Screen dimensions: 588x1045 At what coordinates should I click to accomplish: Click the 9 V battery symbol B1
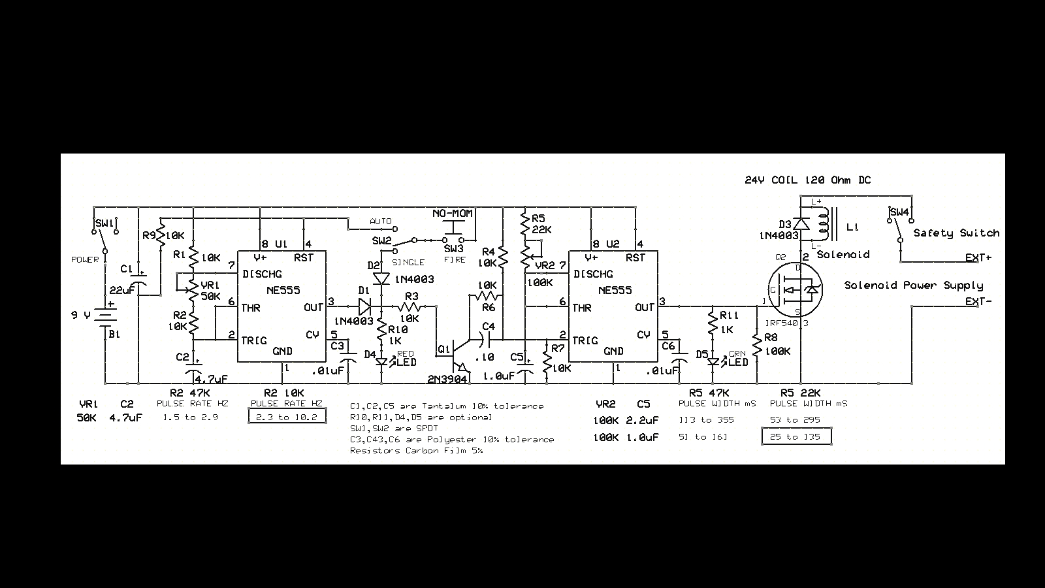[104, 316]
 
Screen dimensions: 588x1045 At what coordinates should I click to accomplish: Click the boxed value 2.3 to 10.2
[287, 416]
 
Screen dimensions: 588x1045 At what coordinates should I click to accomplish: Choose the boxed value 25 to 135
[796, 436]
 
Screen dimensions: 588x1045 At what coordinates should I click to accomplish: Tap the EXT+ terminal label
[978, 257]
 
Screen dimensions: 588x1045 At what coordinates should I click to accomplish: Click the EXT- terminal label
[978, 301]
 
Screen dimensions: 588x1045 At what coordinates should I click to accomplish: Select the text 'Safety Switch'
[956, 233]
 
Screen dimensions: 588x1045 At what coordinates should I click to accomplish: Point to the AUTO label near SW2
[381, 221]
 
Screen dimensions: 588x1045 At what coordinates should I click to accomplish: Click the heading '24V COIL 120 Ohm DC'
[807, 180]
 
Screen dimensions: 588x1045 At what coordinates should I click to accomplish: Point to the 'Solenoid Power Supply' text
[913, 285]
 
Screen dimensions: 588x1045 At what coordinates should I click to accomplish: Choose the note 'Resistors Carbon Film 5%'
[416, 450]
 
